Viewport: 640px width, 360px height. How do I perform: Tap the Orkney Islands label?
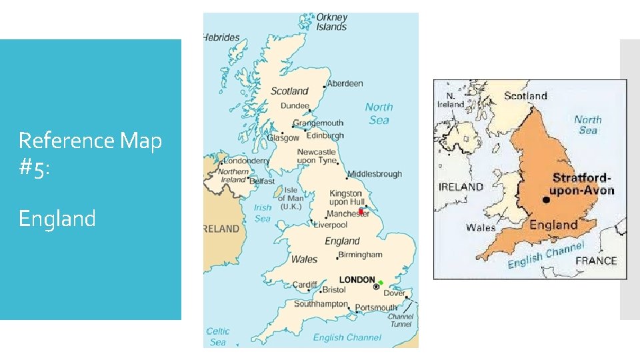[x=331, y=22]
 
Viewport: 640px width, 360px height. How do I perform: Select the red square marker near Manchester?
[x=361, y=211]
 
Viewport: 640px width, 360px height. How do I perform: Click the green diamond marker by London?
[x=381, y=283]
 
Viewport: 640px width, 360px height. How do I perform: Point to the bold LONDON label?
[x=357, y=279]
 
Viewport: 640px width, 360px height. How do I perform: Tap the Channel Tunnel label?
[x=400, y=321]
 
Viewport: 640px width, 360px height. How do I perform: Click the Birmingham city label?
[x=361, y=255]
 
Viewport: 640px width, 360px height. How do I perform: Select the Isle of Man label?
[x=290, y=198]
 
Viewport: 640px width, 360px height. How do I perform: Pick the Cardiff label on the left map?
[x=305, y=285]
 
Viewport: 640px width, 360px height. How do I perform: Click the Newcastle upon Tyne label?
[x=317, y=156]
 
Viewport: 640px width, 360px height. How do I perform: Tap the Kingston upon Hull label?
[x=347, y=197]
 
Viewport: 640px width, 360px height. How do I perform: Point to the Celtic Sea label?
[x=218, y=336]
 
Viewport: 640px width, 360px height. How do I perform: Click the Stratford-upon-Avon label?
[x=583, y=184]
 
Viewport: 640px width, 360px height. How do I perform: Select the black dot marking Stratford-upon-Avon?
[x=546, y=199]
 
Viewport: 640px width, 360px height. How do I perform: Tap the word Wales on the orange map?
[x=481, y=227]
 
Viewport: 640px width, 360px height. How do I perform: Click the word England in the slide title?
[x=57, y=218]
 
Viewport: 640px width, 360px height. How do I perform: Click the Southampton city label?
[x=321, y=304]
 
